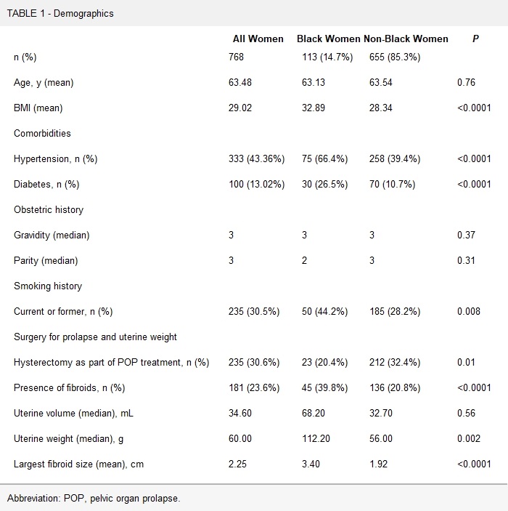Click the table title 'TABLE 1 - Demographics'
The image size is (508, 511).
(x=60, y=13)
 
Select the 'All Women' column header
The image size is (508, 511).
(x=258, y=39)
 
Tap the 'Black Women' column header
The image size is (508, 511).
(x=328, y=39)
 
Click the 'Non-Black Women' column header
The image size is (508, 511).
(x=406, y=39)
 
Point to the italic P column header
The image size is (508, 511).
(x=475, y=39)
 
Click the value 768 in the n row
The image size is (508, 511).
(x=237, y=57)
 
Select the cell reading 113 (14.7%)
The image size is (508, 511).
(x=327, y=57)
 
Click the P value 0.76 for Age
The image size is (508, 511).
(x=467, y=83)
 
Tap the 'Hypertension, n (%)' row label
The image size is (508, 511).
(x=55, y=159)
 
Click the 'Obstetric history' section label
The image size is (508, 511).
(x=49, y=210)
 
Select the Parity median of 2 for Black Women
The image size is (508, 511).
(x=305, y=261)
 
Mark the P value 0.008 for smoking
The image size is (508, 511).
(x=470, y=312)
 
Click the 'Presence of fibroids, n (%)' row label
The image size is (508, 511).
(x=70, y=388)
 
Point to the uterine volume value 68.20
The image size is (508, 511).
(x=314, y=414)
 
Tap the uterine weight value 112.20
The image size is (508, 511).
(x=316, y=439)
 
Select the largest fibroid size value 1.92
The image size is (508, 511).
(x=381, y=464)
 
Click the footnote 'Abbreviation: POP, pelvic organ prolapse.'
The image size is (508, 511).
(x=93, y=498)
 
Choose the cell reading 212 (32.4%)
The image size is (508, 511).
(x=395, y=363)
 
